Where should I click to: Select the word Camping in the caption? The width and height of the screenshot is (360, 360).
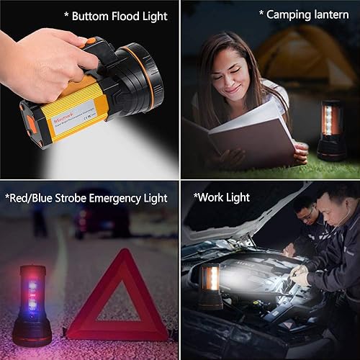pyautogui.click(x=288, y=14)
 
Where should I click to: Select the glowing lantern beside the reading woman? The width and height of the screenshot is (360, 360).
pyautogui.click(x=331, y=130)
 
